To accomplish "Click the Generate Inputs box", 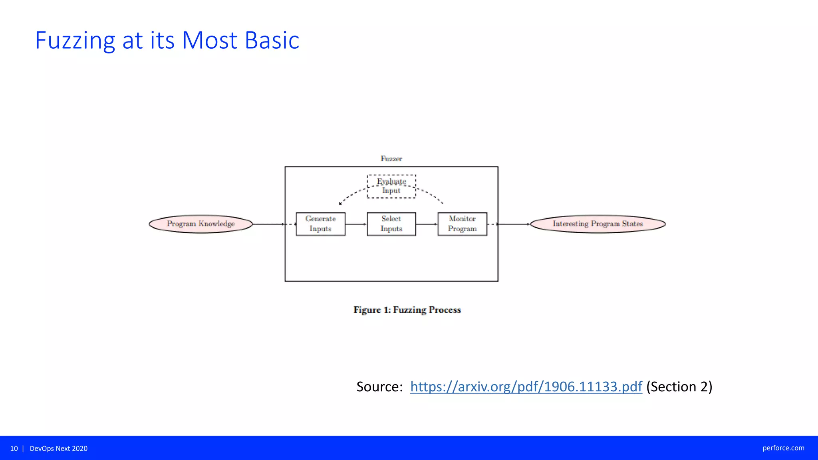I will coord(320,224).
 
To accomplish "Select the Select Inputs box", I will coord(391,224).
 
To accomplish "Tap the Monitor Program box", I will coord(462,224).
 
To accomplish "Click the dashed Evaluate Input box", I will coord(391,186).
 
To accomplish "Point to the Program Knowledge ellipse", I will coord(201,224).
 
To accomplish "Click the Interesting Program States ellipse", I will coord(598,224).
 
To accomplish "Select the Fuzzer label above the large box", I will coord(391,159).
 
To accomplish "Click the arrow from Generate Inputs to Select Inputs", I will coord(356,224).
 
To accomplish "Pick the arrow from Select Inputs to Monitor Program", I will coord(427,224).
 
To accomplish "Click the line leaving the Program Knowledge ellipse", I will coord(268,224).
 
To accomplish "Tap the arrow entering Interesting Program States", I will coord(514,224).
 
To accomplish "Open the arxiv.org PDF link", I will coord(526,387).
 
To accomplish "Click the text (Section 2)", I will coord(679,387).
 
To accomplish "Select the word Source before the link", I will coord(379,387).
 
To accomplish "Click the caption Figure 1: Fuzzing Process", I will coord(407,310).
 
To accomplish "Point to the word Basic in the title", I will coord(272,40).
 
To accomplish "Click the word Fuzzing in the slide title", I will coord(75,40).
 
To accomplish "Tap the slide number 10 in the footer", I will coord(14,448).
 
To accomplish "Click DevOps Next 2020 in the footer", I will coord(59,448).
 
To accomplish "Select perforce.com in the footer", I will coord(783,448).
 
